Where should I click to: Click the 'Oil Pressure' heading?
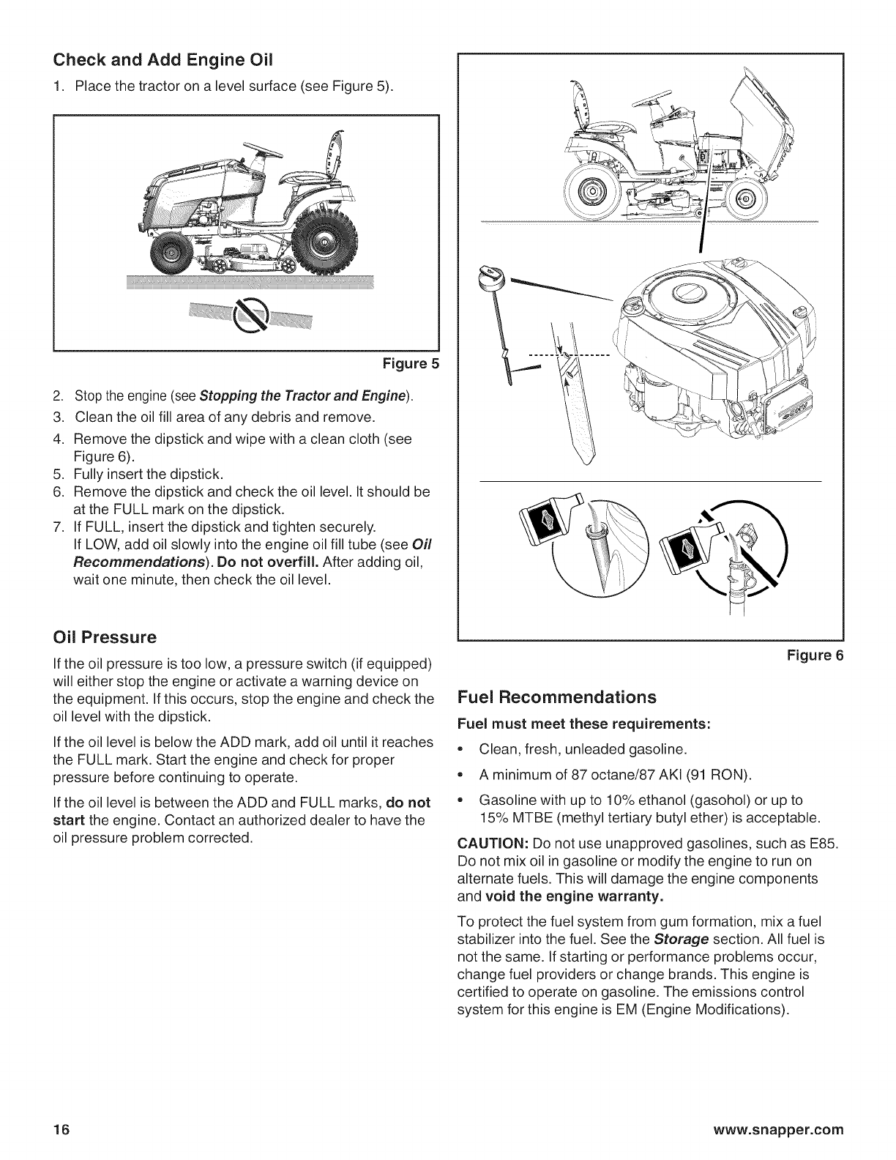point(105,637)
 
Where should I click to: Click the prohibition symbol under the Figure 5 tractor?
point(247,315)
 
